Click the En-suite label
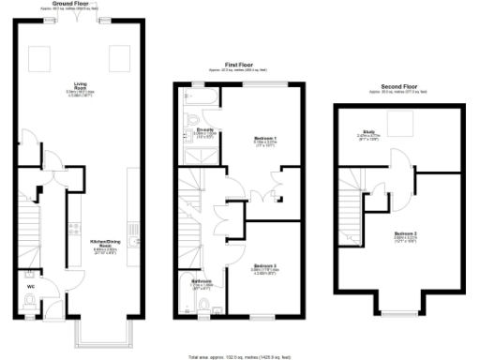[202, 130]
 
